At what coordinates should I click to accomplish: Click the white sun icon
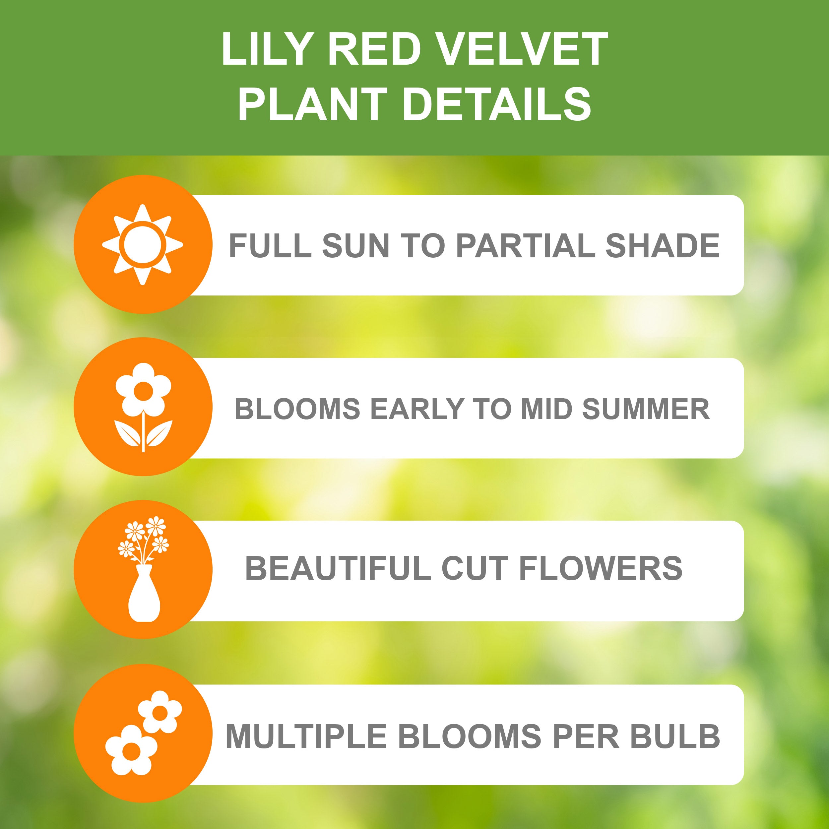[x=143, y=245]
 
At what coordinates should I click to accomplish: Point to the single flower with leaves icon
[x=143, y=407]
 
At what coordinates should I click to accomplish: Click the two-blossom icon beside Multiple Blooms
[x=143, y=734]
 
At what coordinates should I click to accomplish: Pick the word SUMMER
[x=646, y=409]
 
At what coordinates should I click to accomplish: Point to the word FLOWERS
[x=601, y=569]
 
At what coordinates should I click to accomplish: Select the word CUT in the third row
[x=475, y=569]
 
